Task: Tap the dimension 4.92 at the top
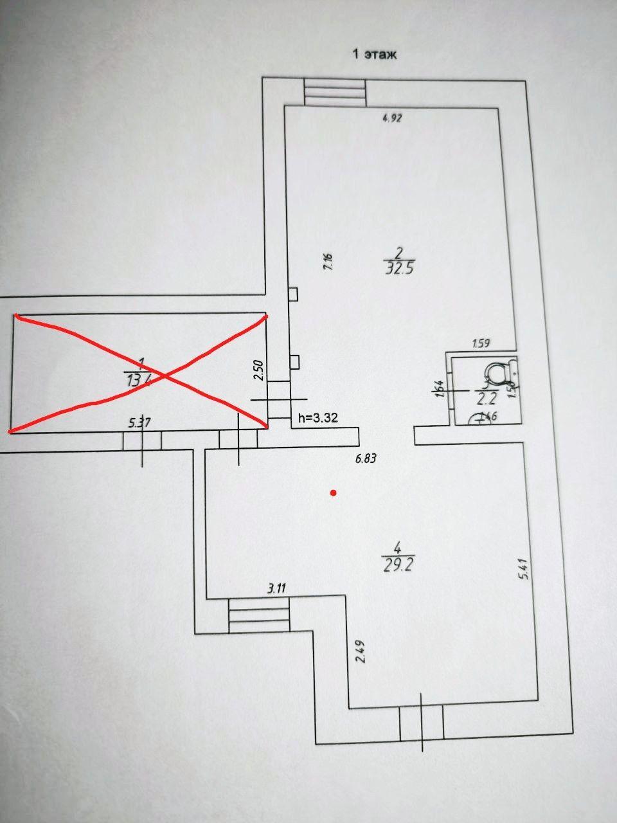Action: pyautogui.click(x=391, y=118)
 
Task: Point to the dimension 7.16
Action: pyautogui.click(x=327, y=262)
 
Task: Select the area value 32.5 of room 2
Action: pyautogui.click(x=398, y=268)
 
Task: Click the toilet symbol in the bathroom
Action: pyautogui.click(x=499, y=372)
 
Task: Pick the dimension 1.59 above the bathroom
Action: pyautogui.click(x=481, y=343)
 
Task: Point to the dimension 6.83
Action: pyautogui.click(x=365, y=459)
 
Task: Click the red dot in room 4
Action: pyautogui.click(x=333, y=493)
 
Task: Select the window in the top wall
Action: pyautogui.click(x=335, y=93)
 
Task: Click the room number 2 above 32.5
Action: pyautogui.click(x=398, y=251)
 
